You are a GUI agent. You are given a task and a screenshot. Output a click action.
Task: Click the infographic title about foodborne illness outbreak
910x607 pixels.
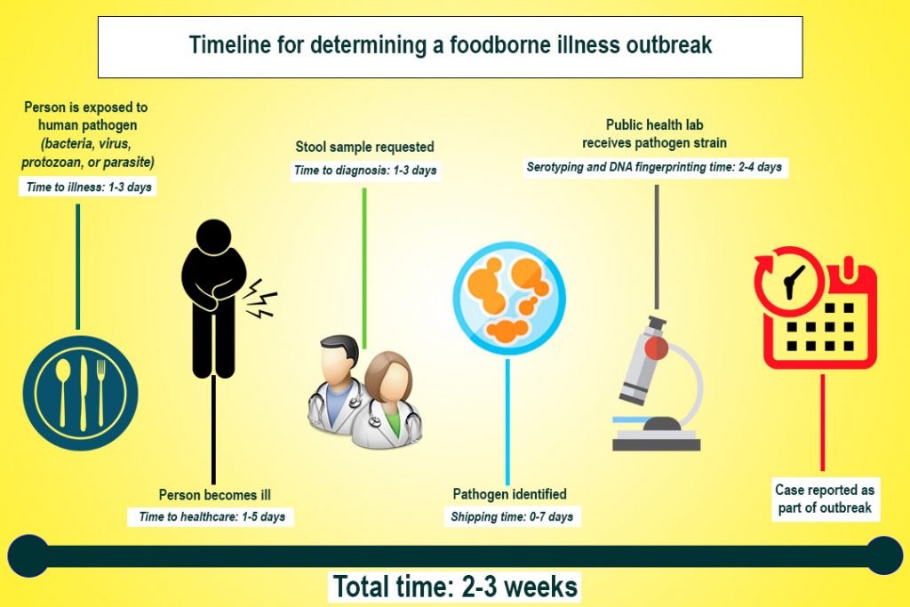[450, 45]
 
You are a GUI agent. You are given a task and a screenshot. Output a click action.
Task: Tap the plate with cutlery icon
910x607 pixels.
[81, 392]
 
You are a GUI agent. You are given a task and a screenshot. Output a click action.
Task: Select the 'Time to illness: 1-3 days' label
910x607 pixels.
[87, 188]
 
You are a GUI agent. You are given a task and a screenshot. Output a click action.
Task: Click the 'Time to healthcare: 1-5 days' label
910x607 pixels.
[213, 516]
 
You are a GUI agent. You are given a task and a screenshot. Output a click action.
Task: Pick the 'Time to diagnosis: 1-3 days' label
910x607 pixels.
[366, 170]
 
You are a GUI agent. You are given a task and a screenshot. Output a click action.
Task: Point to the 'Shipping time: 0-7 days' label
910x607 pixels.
[512, 516]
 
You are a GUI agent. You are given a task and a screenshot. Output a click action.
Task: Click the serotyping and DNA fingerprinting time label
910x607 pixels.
[656, 167]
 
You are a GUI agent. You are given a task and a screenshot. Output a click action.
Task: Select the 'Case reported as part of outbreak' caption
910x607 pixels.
[824, 499]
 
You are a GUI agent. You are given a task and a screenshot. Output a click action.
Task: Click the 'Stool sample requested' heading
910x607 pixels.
[364, 146]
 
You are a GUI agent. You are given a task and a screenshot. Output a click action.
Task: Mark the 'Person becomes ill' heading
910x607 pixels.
[214, 494]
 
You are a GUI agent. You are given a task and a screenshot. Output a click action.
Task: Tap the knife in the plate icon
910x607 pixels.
[81, 391]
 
